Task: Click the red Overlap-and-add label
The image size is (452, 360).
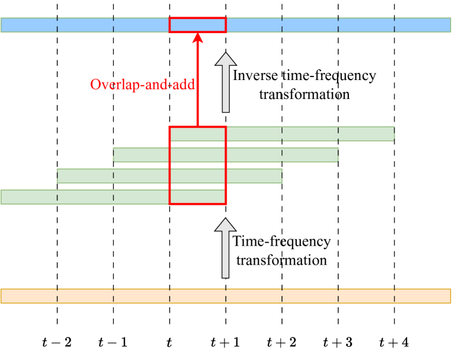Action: pyautogui.click(x=142, y=85)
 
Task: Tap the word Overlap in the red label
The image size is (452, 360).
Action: pyautogui.click(x=111, y=85)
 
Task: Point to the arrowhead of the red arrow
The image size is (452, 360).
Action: pyautogui.click(x=198, y=38)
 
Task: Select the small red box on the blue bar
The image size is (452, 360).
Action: pyautogui.click(x=198, y=25)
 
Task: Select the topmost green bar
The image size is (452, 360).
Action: pyautogui.click(x=282, y=134)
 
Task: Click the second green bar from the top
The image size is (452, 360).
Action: pyautogui.click(x=226, y=155)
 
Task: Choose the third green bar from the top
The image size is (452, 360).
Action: pyautogui.click(x=169, y=176)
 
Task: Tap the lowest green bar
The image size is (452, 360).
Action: pyautogui.click(x=113, y=197)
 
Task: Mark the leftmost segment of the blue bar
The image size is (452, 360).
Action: pyautogui.click(x=29, y=25)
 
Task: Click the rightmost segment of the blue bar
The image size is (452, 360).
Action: pyautogui.click(x=422, y=25)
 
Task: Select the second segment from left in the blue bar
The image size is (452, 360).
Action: pyautogui.click(x=85, y=25)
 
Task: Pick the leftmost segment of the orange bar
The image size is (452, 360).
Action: pyautogui.click(x=29, y=296)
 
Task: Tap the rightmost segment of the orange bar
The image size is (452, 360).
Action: pyautogui.click(x=422, y=296)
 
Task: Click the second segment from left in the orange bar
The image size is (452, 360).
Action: pyautogui.click(x=85, y=296)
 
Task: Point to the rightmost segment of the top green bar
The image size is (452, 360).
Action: pyautogui.click(x=366, y=134)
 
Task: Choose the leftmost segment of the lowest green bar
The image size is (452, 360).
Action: pyautogui.click(x=29, y=197)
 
